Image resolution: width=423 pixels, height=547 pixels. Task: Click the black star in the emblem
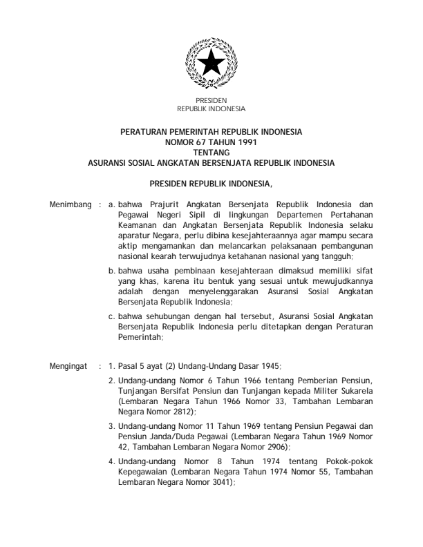(x=211, y=67)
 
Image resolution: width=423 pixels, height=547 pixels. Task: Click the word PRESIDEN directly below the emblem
(x=211, y=102)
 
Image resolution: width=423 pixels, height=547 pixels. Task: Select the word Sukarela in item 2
(x=355, y=390)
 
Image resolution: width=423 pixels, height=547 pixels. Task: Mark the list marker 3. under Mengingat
(x=113, y=425)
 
